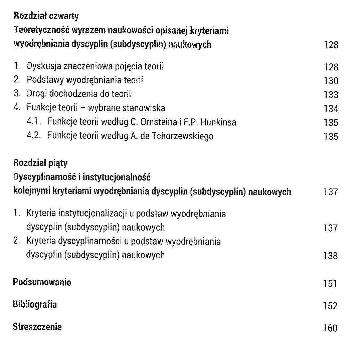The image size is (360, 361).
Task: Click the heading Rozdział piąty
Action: [x=40, y=163]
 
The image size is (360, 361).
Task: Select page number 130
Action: [x=331, y=81]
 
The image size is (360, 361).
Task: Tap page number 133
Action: [x=331, y=95]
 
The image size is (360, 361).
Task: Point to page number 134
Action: [x=331, y=109]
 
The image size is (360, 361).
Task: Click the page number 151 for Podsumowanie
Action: [x=330, y=284]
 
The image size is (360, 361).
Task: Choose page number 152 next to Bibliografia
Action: [x=330, y=306]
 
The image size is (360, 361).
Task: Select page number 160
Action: [x=330, y=328]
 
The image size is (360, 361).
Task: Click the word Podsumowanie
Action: [x=42, y=282]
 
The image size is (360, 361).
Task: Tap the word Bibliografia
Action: [x=35, y=304]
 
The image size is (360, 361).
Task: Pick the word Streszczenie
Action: [x=37, y=327]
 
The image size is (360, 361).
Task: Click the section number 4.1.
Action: [x=34, y=122]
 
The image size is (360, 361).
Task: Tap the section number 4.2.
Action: [x=34, y=136]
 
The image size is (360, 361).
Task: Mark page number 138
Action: [x=331, y=256]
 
